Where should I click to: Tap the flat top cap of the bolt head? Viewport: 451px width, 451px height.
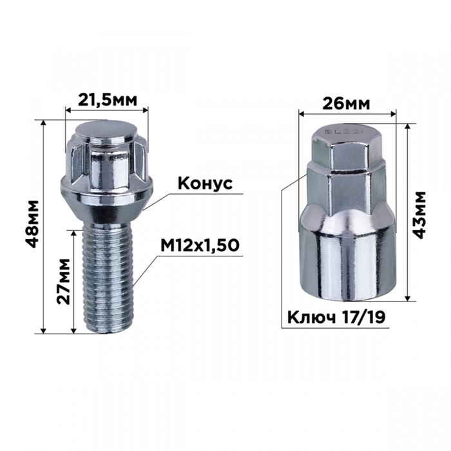click(107, 129)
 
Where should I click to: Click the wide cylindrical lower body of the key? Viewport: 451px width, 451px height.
click(347, 258)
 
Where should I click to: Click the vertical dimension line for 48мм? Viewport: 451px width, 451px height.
click(43, 226)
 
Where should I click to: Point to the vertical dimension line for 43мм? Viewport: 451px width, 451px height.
click(408, 213)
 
